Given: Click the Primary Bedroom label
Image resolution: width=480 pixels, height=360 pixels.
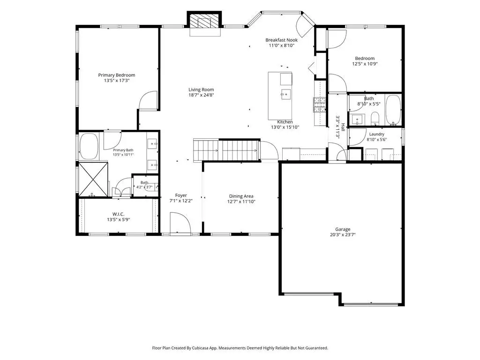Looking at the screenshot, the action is coord(117,75).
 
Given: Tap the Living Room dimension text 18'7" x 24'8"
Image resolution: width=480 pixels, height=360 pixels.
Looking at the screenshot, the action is coord(201,95).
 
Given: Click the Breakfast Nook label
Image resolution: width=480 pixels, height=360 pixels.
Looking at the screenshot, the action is coord(281,40).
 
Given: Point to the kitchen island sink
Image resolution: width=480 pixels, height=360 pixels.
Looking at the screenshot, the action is coord(286,94).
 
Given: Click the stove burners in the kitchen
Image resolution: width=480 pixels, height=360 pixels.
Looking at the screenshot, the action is coord(319,105).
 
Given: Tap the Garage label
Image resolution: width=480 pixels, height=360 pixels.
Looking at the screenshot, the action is coord(343,229).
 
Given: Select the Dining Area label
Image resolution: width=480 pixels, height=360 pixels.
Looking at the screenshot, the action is coord(241,196).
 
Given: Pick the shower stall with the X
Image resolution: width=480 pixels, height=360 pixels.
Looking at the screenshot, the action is coord(93,179).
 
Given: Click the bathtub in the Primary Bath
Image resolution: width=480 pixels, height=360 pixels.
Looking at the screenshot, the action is coord(89,146).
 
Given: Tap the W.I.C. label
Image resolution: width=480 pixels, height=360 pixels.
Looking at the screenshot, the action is coord(118,214).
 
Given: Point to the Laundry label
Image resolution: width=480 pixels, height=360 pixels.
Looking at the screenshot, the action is coord(376,134).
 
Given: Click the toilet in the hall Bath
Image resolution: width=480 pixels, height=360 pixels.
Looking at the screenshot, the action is coord(375,119).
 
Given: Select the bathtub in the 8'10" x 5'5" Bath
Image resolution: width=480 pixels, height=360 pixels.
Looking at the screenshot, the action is coord(393,110).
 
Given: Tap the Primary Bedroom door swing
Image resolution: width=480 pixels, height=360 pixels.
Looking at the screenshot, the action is coord(149,100).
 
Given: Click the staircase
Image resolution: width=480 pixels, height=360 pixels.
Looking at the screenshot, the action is coord(226,150).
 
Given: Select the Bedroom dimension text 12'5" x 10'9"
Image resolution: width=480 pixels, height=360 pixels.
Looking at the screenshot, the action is coord(365,64).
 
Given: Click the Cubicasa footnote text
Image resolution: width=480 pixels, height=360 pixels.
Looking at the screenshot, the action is coord(240,348).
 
